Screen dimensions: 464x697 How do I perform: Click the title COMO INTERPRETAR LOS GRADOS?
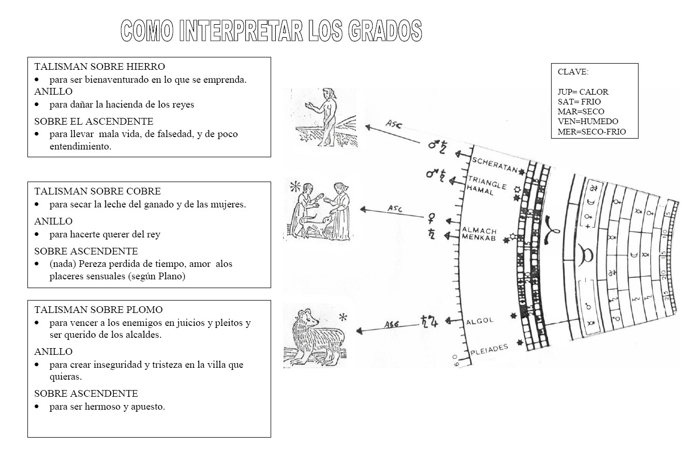pyautogui.click(x=271, y=31)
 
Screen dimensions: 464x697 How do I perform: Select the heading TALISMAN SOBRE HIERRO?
pyautogui.click(x=99, y=67)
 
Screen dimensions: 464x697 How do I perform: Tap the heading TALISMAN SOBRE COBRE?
pyautogui.click(x=97, y=191)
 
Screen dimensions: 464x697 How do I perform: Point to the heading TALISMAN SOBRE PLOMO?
pyautogui.click(x=98, y=310)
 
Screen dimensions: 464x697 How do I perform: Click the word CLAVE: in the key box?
pyautogui.click(x=573, y=72)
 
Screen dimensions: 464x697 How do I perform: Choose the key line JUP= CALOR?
pyautogui.click(x=583, y=92)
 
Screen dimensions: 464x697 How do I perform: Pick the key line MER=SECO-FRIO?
pyautogui.click(x=591, y=131)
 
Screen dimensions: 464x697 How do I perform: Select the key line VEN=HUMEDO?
pyautogui.click(x=588, y=122)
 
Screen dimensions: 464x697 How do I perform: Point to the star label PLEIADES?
pyautogui.click(x=489, y=350)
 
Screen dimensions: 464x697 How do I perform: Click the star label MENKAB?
pyautogui.click(x=479, y=238)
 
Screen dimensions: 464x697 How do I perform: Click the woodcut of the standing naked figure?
pyautogui.click(x=326, y=117)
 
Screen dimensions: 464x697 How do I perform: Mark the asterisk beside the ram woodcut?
pyautogui.click(x=343, y=317)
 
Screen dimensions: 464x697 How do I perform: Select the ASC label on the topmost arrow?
pyautogui.click(x=393, y=125)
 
